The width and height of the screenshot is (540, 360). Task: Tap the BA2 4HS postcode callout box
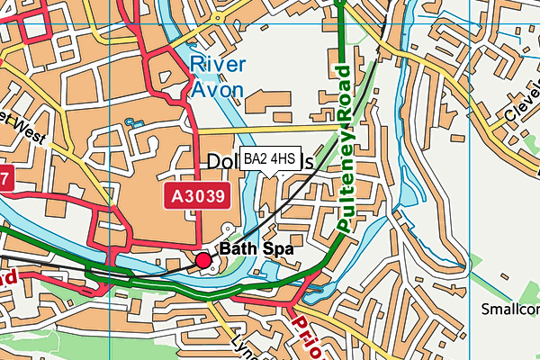(x=269, y=158)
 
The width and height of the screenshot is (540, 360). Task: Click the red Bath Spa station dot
(x=203, y=261)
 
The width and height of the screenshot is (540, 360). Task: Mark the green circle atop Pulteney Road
(x=340, y=3)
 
